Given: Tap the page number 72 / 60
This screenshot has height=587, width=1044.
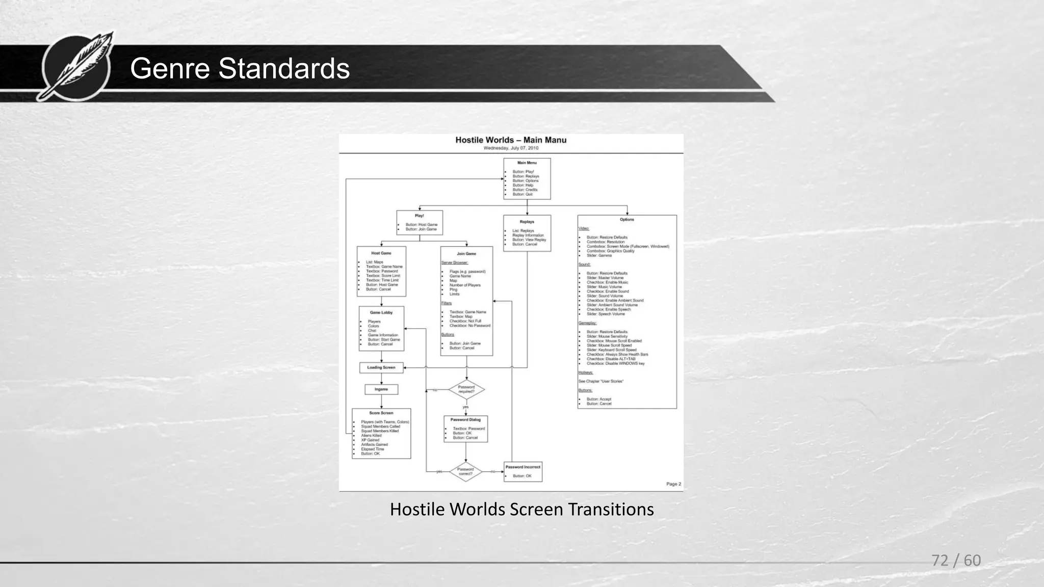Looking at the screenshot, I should click(x=956, y=561).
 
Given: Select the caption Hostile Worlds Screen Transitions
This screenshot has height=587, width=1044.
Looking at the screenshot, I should click(x=521, y=509).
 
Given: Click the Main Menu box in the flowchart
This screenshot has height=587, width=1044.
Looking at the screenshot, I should click(x=527, y=178).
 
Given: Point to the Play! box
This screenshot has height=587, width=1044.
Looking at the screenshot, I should click(x=420, y=223).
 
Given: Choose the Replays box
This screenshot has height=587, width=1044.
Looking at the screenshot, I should click(x=527, y=233).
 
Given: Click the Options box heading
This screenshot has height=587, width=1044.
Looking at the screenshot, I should click(x=627, y=220).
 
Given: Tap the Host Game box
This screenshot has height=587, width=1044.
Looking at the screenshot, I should click(x=381, y=271).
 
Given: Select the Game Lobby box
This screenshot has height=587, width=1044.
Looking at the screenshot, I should click(x=381, y=328).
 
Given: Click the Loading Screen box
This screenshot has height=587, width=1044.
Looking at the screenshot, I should click(x=381, y=367).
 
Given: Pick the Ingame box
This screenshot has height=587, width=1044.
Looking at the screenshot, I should click(x=381, y=389).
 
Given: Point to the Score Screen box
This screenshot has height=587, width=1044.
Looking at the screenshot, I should click(x=381, y=433).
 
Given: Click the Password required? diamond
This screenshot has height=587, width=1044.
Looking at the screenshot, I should click(x=466, y=390).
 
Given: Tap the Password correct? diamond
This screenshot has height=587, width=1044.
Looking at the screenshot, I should click(x=465, y=471).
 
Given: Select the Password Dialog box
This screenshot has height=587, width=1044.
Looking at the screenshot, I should click(x=465, y=429).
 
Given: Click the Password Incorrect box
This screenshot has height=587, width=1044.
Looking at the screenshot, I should click(x=523, y=471).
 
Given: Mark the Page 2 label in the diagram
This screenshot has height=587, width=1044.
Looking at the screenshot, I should click(x=673, y=484).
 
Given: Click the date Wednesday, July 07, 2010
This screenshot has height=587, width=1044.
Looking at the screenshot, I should click(x=511, y=148).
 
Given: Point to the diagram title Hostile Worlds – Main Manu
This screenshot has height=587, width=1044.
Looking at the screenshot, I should click(x=511, y=140).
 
